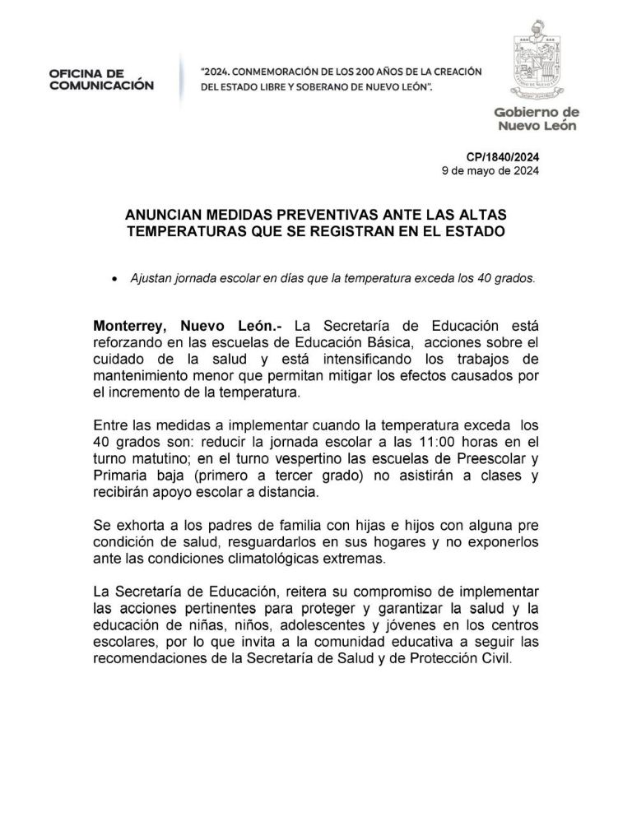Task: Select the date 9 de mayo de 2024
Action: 490,172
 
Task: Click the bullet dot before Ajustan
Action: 114,279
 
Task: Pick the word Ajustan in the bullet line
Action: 151,278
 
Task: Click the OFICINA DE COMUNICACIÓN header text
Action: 100,79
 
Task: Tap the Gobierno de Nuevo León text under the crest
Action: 536,119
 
